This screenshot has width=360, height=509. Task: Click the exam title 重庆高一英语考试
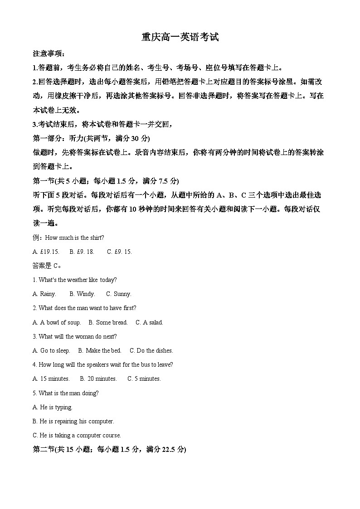coord(180,37)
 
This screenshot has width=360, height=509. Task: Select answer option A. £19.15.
coord(46,252)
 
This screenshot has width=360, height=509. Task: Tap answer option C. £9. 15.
coord(119,252)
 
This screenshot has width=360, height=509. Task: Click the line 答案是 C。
coord(47,266)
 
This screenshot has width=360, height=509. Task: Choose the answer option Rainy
coord(44,294)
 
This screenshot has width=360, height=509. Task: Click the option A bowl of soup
coord(57,322)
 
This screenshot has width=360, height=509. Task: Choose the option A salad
coord(149,322)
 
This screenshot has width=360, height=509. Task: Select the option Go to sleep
coord(51,350)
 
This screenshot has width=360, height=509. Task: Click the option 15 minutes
coord(51,378)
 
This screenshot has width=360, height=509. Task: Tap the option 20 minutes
coord(98,378)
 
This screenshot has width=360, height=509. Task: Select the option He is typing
coord(53,407)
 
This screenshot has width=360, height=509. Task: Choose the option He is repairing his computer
coord(73,421)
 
